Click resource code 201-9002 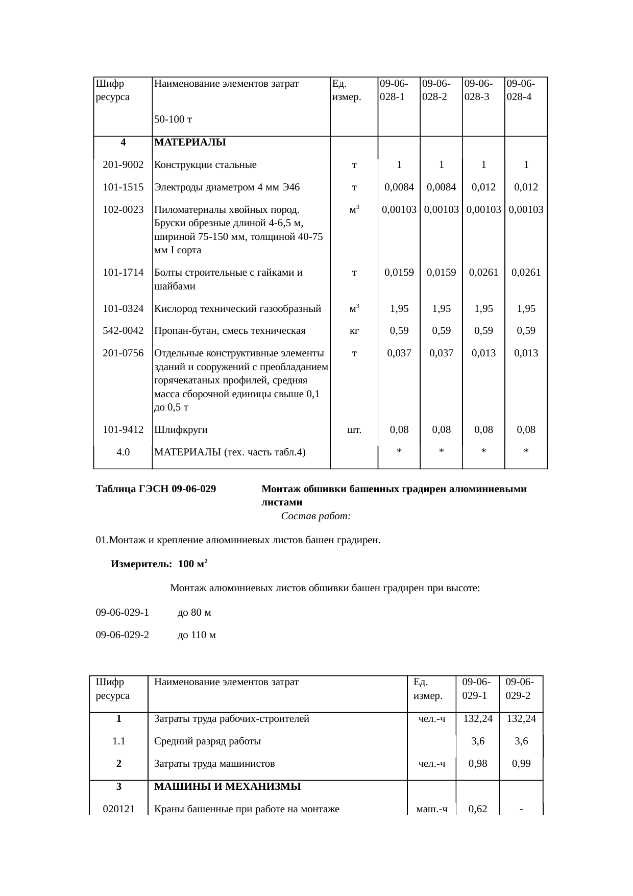123,165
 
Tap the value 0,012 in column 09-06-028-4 526,187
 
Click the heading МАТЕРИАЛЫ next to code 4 190,142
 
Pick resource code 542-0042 123,331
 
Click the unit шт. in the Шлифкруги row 354,430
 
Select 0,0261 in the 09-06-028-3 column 483,273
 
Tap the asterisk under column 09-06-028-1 399,452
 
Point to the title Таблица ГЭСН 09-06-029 156,489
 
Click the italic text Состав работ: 315,517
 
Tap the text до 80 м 194,613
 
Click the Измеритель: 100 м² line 159,565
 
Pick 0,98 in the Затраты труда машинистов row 477,764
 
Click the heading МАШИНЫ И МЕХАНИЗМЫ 227,787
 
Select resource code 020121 118,809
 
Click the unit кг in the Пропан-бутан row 354,331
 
